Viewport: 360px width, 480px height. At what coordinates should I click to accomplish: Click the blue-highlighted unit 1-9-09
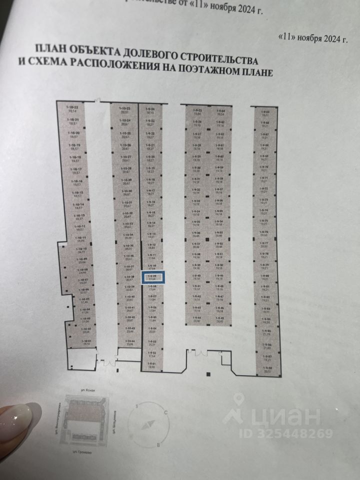click(151, 277)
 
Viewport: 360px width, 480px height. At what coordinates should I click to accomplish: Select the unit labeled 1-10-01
click(86, 342)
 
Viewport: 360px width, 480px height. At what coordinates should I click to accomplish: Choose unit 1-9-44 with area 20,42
click(197, 318)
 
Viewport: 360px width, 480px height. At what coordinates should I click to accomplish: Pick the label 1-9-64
click(220, 112)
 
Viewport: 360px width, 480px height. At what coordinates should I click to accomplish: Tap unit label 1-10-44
click(129, 342)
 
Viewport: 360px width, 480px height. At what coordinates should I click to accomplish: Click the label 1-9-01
click(151, 364)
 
